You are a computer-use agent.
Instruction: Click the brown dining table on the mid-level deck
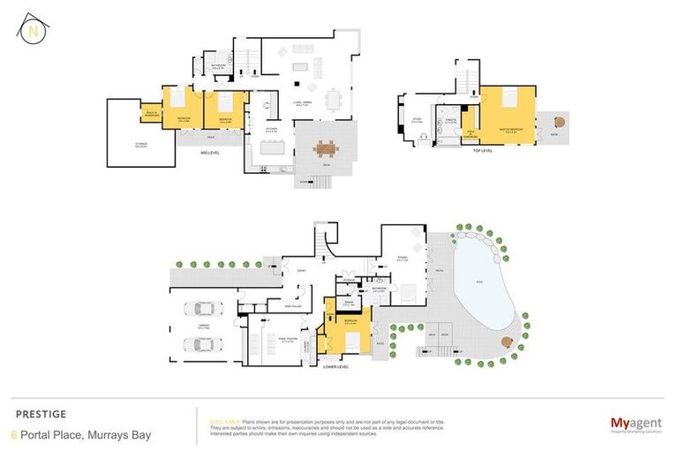pos(326,148)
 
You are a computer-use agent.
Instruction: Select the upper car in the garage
pos(201,310)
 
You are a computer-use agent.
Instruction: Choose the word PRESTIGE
pos(41,413)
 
